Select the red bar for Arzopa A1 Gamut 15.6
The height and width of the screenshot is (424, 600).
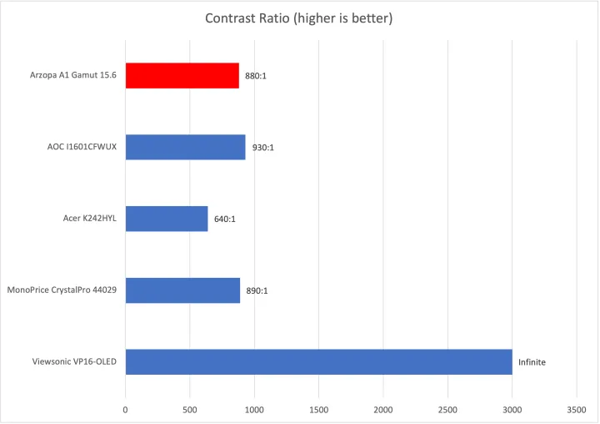[182, 76]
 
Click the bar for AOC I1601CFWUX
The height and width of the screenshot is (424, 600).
[185, 148]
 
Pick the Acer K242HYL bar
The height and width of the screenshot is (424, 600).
[167, 219]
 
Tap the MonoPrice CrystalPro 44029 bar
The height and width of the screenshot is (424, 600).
[182, 290]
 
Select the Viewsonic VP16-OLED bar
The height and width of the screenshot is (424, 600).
[318, 362]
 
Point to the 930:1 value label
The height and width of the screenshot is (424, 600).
[263, 149]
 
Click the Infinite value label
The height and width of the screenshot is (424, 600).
[532, 363]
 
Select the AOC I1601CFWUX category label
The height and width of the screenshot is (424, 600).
[82, 148]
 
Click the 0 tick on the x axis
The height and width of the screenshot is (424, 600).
[126, 411]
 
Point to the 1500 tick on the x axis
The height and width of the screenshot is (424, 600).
[318, 411]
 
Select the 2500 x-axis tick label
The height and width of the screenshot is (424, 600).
[447, 411]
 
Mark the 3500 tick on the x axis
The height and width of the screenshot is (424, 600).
[577, 411]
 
